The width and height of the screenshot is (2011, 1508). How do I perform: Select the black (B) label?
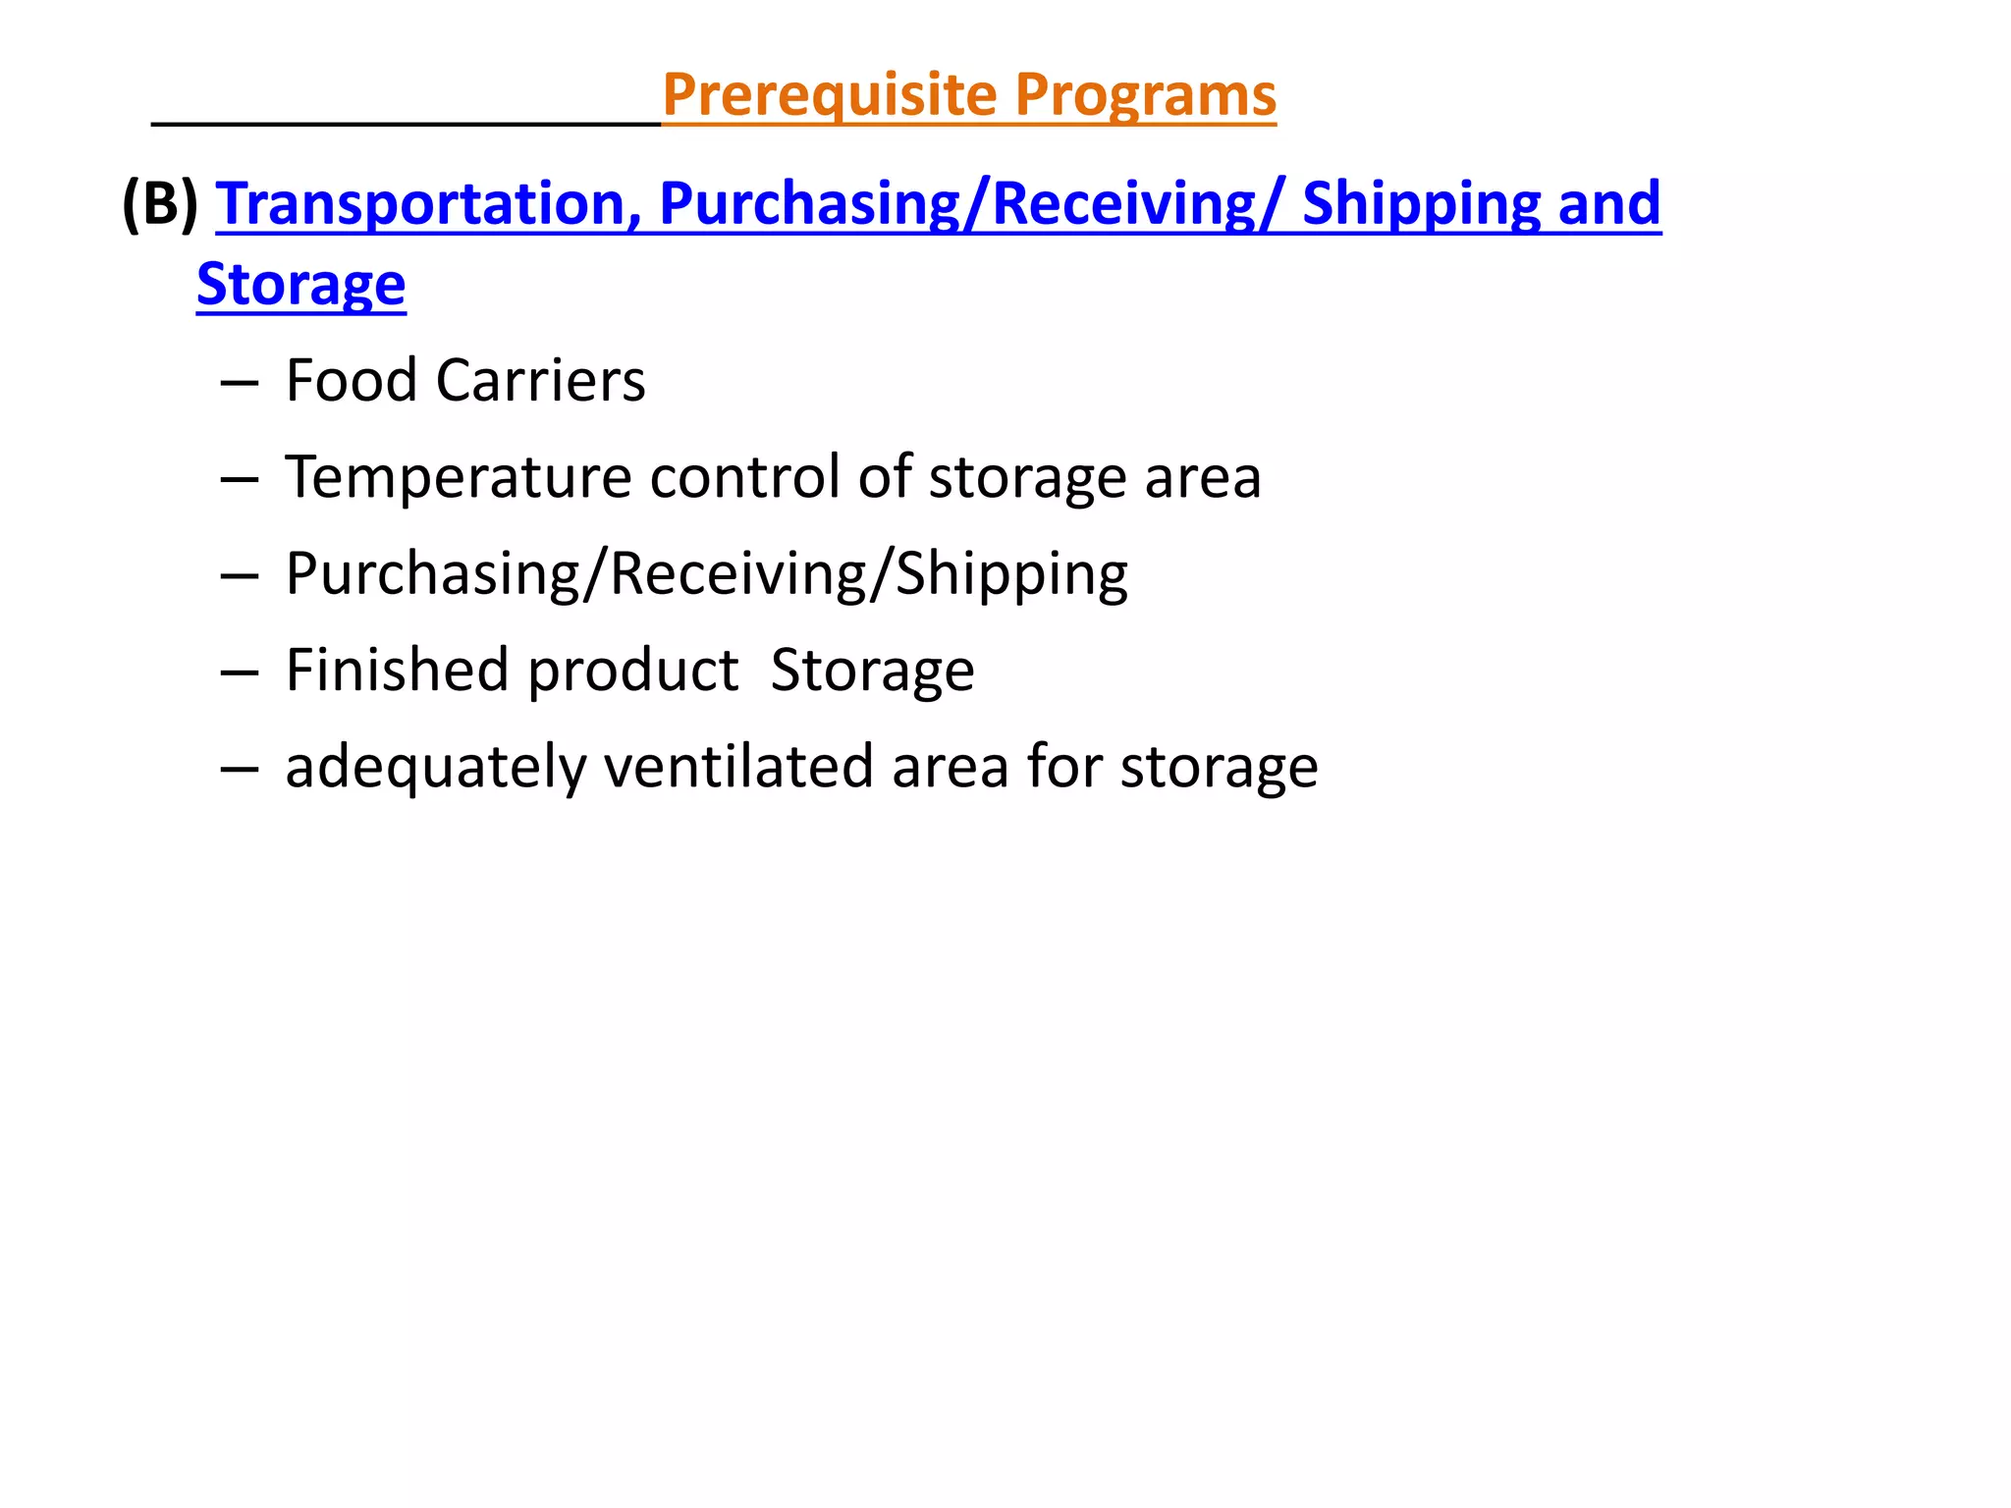(159, 203)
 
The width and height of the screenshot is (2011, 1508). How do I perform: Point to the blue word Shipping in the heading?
(1420, 203)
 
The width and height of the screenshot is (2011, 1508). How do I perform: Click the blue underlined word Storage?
(300, 285)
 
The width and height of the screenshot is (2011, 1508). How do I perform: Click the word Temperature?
(458, 477)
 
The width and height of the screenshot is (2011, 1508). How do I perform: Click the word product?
(633, 672)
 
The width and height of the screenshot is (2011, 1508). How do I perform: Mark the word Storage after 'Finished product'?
(872, 670)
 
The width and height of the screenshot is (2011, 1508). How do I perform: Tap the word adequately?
(435, 767)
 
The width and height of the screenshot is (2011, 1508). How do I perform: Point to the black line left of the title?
(406, 124)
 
